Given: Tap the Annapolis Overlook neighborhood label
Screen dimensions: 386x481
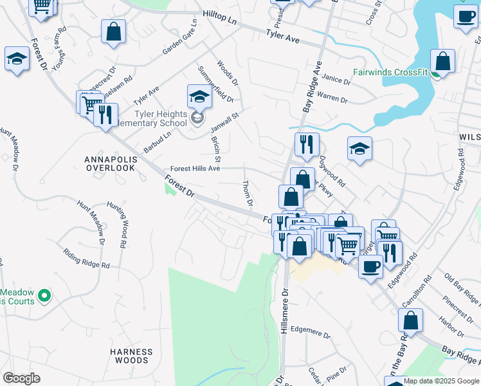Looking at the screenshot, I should coord(111,163).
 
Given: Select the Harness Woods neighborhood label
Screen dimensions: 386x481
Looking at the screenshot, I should coord(131,356).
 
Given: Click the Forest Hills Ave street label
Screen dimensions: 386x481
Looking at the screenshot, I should coord(195,169).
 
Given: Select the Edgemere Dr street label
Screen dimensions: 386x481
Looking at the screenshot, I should coord(310,335).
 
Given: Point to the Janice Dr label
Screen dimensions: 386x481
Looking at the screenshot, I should coord(337,81).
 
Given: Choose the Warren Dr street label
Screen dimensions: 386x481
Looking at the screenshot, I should coord(332,100).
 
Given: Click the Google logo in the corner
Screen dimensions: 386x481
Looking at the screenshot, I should coord(21,378).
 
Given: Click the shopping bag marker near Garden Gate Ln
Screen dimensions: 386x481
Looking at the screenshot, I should coord(113,32).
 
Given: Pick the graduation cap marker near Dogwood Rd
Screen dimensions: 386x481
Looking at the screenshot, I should coord(360,149).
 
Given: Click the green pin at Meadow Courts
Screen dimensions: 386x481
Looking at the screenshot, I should coord(44,296).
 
